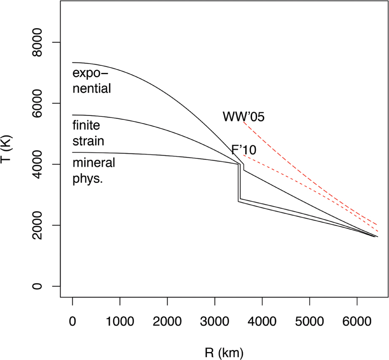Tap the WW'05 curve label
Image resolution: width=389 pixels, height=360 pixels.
244,116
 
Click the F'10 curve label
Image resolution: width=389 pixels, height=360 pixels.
244,150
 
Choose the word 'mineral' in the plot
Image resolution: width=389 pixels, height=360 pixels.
94,163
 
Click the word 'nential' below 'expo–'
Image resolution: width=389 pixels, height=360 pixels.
92,89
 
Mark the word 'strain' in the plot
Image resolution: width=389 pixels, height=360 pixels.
88,140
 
